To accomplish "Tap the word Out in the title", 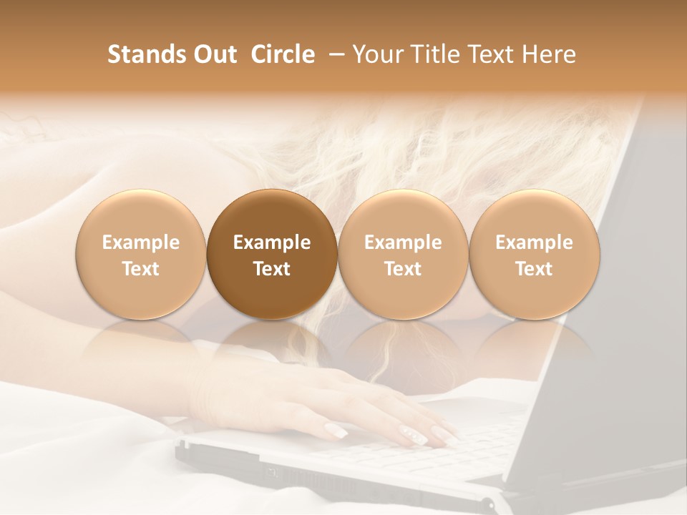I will pos(213,54).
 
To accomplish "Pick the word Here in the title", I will pos(549,54).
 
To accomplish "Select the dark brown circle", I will pos(272,255).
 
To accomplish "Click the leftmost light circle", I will pos(141,255).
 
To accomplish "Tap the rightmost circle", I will pos(535,255).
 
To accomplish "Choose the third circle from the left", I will pos(403,255).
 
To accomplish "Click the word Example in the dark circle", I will pos(272,242).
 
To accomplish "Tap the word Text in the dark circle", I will pos(272,269).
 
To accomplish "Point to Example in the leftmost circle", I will pos(141,242).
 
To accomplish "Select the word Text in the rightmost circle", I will pos(535,269).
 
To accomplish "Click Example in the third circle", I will pos(403,242).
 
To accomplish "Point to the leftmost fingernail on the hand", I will pos(336,430).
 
